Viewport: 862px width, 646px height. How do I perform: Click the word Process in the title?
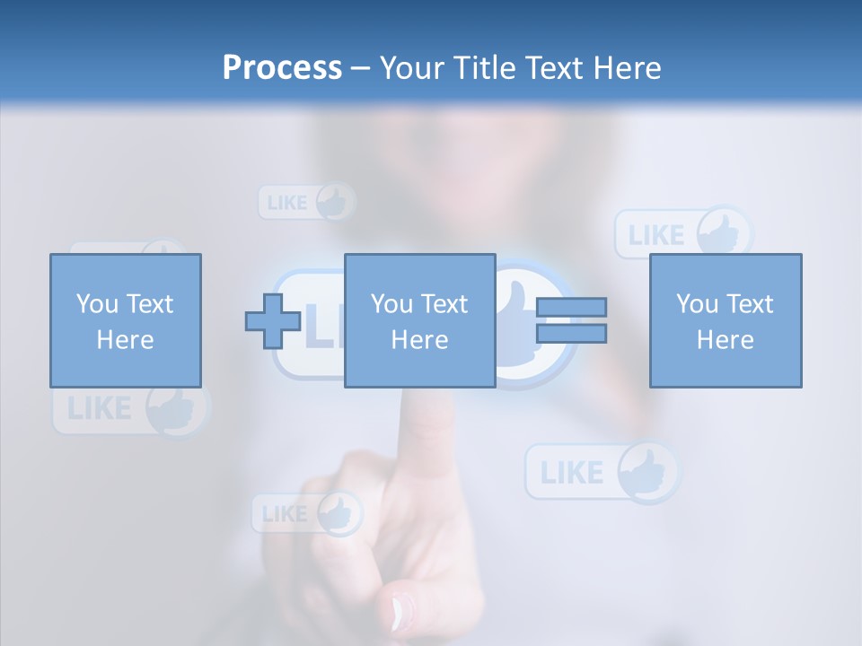[x=282, y=68]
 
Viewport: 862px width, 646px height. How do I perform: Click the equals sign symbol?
[x=572, y=320]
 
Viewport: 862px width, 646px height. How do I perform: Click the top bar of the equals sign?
[x=572, y=307]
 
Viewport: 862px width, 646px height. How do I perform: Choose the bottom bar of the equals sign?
[x=572, y=334]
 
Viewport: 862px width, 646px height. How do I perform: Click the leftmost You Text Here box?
[x=126, y=320]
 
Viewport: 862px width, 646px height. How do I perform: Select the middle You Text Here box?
[x=419, y=320]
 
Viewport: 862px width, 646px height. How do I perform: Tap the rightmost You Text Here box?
[x=726, y=320]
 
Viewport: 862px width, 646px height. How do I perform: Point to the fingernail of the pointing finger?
[x=400, y=612]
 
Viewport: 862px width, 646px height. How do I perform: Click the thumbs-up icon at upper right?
[x=724, y=234]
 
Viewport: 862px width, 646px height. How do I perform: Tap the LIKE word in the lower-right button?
[x=572, y=472]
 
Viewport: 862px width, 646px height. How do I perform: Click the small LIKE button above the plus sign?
[x=306, y=202]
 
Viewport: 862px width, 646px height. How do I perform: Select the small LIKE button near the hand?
[x=306, y=514]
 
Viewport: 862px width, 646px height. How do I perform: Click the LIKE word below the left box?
[x=99, y=410]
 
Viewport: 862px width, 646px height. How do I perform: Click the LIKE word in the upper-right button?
[x=656, y=235]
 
